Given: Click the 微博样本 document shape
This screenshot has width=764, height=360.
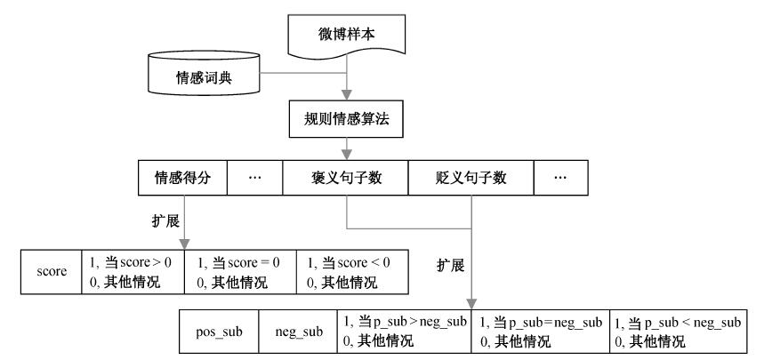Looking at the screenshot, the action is coord(347,35).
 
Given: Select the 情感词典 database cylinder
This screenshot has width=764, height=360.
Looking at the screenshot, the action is coord(204,73).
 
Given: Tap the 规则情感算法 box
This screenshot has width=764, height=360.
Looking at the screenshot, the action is coord(347,119).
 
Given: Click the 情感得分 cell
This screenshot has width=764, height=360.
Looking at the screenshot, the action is coord(182,178).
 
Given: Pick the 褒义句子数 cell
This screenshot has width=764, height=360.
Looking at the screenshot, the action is coord(345,178).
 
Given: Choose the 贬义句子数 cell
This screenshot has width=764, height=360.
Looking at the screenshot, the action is coord(471,178).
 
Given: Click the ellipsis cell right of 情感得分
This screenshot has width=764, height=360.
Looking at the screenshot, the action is coord(255,178).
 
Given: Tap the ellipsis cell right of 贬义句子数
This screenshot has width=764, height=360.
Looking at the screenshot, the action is coord(561,178).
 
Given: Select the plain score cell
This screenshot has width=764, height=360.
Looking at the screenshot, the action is coord(52,272).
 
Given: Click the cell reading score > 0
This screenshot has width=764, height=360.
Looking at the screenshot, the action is coord(133,272).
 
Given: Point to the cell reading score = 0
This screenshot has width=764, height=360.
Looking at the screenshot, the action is coord(240,272).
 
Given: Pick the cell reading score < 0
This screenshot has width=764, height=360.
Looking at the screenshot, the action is coord(352,272).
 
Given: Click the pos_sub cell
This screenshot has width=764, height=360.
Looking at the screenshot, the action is coord(219,332).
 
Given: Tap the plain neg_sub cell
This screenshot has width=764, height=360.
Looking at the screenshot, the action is coord(298,332).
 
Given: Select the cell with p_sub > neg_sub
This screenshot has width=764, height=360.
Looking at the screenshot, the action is coord(405,332).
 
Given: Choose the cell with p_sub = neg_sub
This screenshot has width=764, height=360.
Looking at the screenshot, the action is coord(541,332).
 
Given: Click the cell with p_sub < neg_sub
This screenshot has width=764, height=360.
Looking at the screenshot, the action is coord(679,332).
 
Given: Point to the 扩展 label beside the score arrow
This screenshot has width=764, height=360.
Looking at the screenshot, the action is coord(165,221).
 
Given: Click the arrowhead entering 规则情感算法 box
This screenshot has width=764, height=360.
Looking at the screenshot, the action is coord(347,96).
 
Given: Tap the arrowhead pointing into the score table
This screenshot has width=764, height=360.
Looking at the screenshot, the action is coord(185,244).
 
